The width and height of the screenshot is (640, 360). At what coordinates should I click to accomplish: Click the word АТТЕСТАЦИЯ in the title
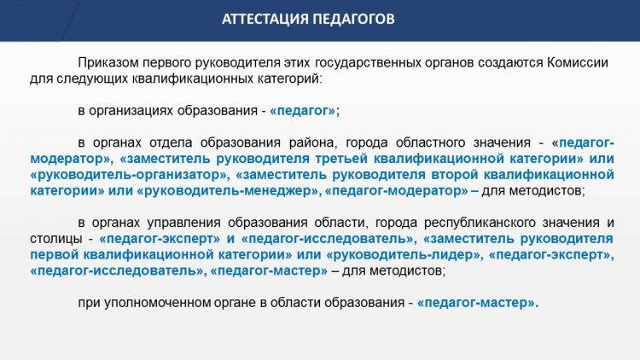click(x=265, y=19)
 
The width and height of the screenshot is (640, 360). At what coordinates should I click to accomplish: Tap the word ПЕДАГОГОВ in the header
click(x=354, y=19)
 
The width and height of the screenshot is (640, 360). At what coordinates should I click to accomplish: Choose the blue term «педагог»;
click(x=305, y=111)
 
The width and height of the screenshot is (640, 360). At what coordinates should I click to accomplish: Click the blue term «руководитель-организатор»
click(x=128, y=175)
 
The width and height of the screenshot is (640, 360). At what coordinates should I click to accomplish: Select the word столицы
click(x=56, y=239)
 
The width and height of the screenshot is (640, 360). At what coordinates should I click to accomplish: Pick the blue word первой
click(x=55, y=255)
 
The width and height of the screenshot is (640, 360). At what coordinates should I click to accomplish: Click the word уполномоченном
click(x=155, y=303)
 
